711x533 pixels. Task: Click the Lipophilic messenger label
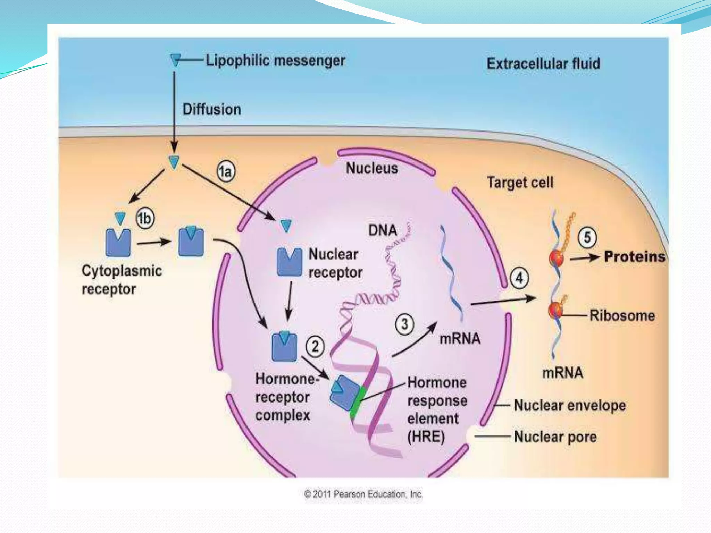275,61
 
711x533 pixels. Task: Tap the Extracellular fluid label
543,64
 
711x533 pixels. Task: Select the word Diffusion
212,109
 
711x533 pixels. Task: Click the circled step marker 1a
226,171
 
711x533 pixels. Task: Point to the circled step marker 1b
145,218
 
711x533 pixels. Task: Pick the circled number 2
315,346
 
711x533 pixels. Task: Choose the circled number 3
404,324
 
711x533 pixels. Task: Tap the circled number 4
519,278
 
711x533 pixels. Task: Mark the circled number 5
587,237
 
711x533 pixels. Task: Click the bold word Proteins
634,257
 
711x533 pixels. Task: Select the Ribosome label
622,316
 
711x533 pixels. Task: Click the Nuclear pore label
555,437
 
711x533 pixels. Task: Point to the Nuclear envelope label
570,405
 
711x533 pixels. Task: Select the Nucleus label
372,168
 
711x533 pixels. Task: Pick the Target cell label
520,183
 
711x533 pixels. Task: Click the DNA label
383,230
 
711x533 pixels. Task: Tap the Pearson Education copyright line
363,494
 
